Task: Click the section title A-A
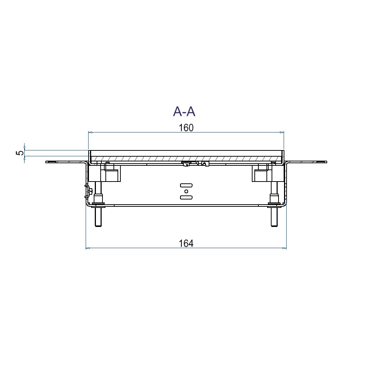pyautogui.click(x=184, y=112)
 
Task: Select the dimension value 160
pyautogui.click(x=186, y=128)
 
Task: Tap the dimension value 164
pyautogui.click(x=186, y=243)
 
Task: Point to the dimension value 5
pyautogui.click(x=20, y=153)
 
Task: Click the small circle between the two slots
pyautogui.click(x=186, y=191)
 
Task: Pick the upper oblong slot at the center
pyautogui.click(x=186, y=186)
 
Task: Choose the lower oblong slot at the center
pyautogui.click(x=186, y=197)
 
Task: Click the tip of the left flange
pyautogui.click(x=46, y=162)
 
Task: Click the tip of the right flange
pyautogui.click(x=326, y=162)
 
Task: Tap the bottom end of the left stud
pyautogui.click(x=98, y=226)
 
